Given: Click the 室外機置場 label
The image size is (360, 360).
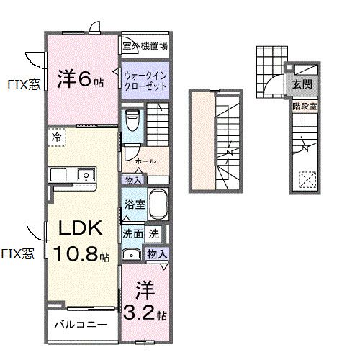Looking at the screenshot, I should (145, 46).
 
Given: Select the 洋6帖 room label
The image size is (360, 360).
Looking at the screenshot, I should (79, 80).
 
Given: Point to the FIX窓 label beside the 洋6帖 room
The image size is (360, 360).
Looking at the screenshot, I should (24, 84).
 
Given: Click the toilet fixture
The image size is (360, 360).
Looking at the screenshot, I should (131, 119).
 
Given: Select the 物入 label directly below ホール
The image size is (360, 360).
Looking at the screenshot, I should (133, 180).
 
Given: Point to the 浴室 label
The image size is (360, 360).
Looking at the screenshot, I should (135, 204).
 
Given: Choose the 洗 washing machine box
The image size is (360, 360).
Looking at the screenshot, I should (154, 233).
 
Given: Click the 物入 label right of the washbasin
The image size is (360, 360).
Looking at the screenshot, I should (156, 253).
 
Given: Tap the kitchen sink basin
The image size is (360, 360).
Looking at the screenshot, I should (86, 175).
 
